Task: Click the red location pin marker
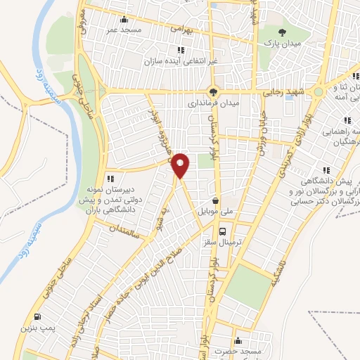pos(181,165)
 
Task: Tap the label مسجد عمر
pos(124,30)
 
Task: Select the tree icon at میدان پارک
pos(283,32)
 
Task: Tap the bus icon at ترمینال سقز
pos(222,231)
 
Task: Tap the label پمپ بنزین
pos(56,328)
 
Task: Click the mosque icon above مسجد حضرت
pos(238,337)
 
